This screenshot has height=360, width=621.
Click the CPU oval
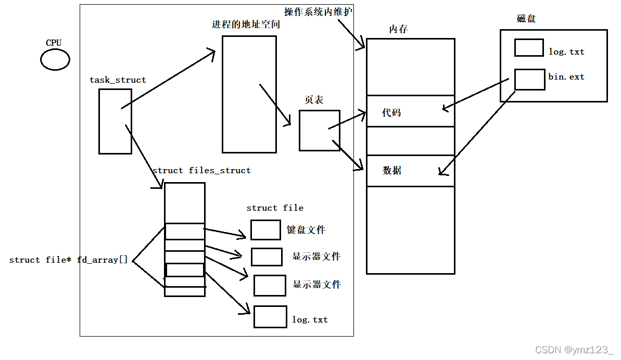click(x=55, y=60)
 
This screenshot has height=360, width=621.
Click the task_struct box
click(x=115, y=121)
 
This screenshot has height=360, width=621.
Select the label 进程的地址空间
click(x=246, y=24)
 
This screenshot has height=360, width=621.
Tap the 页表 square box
click(x=319, y=131)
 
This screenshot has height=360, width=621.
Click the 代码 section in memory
click(x=410, y=111)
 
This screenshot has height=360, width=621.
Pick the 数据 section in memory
click(x=410, y=171)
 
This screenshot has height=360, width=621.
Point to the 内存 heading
click(x=398, y=29)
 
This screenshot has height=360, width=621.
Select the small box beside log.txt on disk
click(x=529, y=48)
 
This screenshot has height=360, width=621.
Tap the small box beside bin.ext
click(x=529, y=80)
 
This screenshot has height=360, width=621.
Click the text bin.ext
click(x=566, y=77)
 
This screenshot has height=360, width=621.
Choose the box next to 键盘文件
click(x=265, y=230)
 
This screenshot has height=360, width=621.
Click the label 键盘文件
click(x=306, y=230)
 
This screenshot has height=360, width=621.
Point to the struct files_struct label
click(x=201, y=171)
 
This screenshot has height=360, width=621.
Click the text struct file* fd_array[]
click(x=68, y=260)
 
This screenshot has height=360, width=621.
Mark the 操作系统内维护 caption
click(x=319, y=12)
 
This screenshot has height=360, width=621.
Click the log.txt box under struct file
click(x=270, y=317)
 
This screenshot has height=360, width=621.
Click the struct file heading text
click(x=275, y=208)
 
